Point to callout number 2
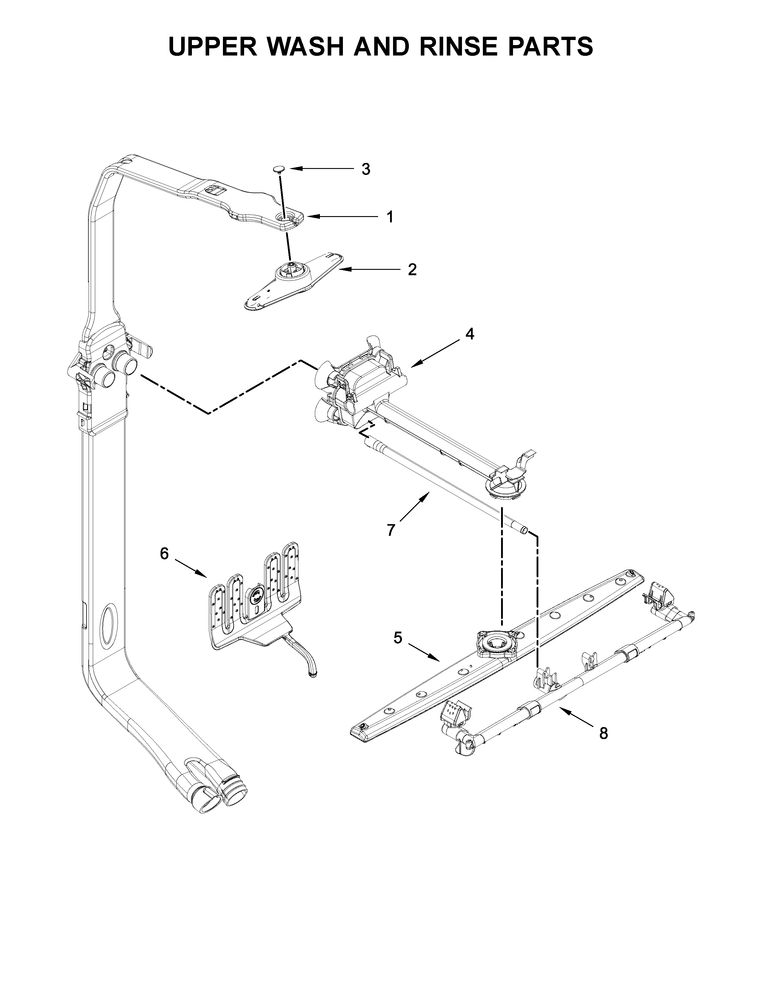pyautogui.click(x=412, y=270)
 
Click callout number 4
pyautogui.click(x=469, y=334)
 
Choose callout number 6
pyautogui.click(x=164, y=553)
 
